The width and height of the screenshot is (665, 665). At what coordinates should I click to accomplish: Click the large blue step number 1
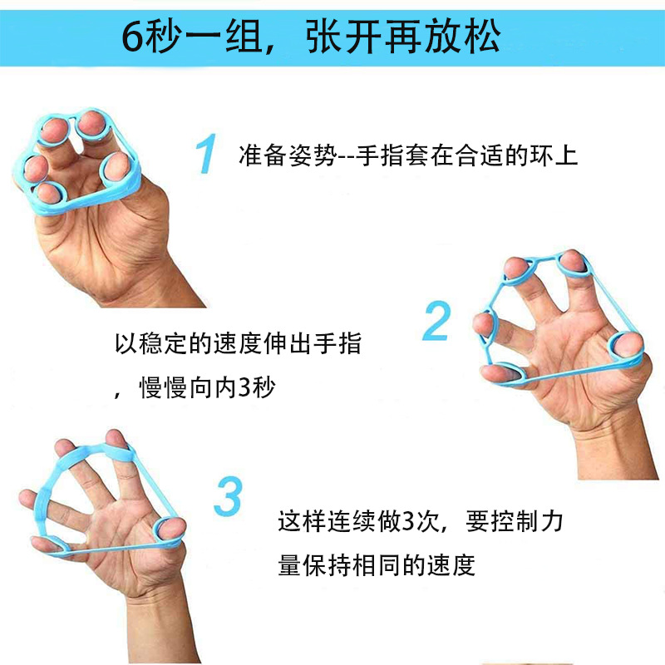(x=205, y=154)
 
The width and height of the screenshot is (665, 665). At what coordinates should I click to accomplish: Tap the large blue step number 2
(x=436, y=322)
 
